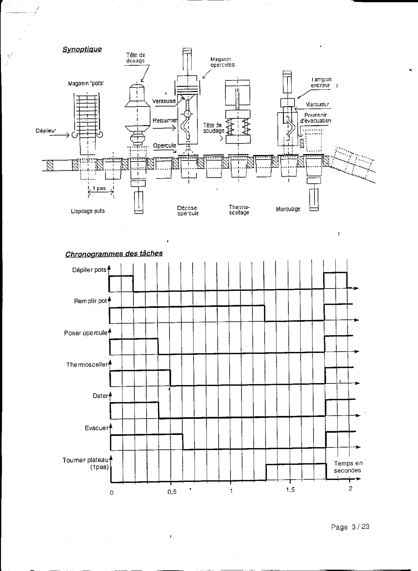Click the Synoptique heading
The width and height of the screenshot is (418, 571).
point(82,49)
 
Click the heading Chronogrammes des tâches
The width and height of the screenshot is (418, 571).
point(114,254)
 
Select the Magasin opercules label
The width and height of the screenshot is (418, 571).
point(222,62)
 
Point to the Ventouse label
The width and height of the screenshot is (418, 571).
point(164,101)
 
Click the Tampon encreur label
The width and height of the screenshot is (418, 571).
point(321,82)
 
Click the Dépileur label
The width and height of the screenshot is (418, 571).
point(45,131)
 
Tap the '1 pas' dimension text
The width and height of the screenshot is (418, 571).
point(99,188)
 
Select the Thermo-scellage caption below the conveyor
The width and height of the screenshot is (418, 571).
point(239,210)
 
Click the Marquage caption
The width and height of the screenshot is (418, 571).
point(288,209)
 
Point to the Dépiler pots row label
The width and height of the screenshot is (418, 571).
point(89,270)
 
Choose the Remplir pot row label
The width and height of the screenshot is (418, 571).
point(90,301)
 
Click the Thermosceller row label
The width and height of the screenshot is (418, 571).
point(86,365)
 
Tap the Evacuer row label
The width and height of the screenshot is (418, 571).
point(96,428)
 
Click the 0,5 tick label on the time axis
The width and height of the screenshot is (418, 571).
point(172,492)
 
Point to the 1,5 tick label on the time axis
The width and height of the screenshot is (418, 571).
point(290,490)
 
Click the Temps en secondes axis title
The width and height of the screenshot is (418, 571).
point(348,467)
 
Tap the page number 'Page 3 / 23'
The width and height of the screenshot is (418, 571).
point(350,527)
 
